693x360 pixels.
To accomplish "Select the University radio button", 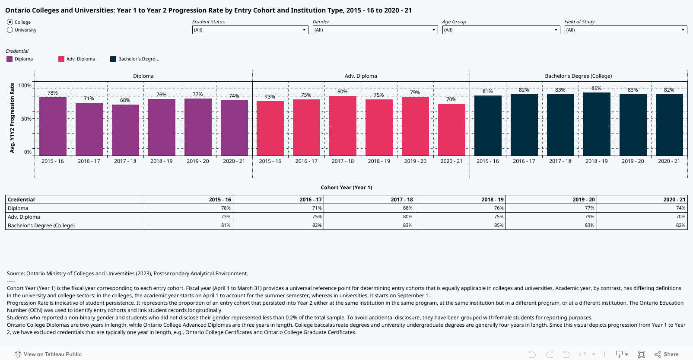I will [10, 30].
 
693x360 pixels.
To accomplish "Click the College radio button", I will [10, 22].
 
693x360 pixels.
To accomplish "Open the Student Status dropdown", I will [250, 30].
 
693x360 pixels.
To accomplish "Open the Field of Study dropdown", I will [625, 30].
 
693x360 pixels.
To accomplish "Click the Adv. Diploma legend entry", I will [80, 59].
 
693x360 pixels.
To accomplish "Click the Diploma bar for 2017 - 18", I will [125, 130].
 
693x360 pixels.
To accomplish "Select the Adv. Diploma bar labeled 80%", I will [343, 126].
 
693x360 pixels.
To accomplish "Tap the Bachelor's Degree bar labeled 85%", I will [597, 124].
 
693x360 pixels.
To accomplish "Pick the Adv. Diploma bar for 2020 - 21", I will [451, 130].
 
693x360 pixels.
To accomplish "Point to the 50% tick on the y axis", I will [26, 119].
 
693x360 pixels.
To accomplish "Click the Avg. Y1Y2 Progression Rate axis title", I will [12, 118].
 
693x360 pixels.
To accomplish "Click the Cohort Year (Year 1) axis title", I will [346, 188].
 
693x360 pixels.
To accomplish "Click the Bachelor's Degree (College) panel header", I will [578, 76].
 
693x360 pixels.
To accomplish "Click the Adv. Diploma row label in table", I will [24, 217].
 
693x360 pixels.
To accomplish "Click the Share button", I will [667, 354].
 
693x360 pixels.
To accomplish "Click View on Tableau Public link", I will [48, 354].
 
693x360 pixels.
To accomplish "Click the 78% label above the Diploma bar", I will [53, 93].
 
